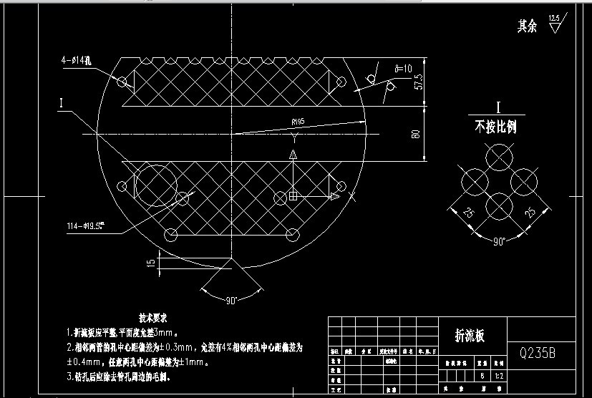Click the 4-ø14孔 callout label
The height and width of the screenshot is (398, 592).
tap(77, 62)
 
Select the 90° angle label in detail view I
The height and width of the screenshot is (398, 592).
tap(498, 241)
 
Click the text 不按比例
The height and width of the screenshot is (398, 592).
tap(495, 127)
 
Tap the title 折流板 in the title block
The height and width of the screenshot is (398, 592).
tap(470, 336)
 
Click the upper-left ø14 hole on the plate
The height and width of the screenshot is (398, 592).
tap(122, 81)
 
